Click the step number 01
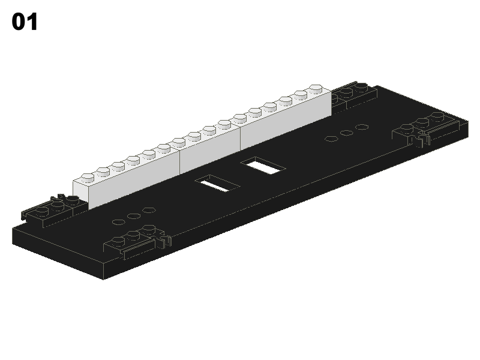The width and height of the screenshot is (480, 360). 25,22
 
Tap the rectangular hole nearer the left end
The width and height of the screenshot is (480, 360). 217,184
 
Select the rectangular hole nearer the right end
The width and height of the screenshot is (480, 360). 263,166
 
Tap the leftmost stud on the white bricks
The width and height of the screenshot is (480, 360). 88,178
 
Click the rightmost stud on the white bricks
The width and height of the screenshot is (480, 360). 316,88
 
